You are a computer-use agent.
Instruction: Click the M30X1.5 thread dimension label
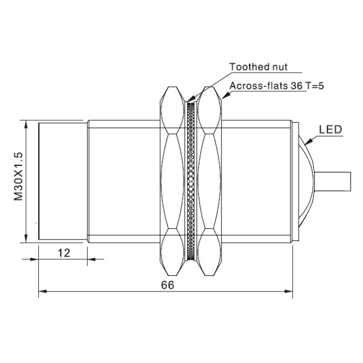click(19, 176)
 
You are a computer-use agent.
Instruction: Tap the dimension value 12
click(64, 253)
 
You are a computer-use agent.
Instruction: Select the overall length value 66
click(167, 285)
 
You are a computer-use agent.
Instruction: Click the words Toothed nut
click(258, 67)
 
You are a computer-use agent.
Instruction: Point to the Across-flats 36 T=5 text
click(276, 86)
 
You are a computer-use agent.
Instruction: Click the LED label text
click(330, 130)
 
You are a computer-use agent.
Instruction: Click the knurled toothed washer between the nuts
click(191, 181)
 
